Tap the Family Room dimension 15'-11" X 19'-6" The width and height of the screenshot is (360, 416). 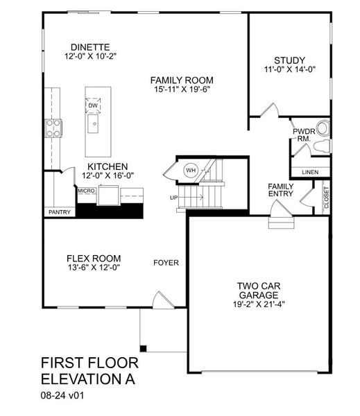pos(182,90)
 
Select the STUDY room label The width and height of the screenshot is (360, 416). pos(289,60)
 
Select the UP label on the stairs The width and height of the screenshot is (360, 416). pos(173,198)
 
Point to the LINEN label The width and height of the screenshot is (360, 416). pos(309,172)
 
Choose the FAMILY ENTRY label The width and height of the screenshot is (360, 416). pos(280,190)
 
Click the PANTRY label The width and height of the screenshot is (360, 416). pos(59,212)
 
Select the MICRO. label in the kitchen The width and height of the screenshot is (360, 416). pos(86,190)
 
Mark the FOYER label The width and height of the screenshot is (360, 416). pos(166,263)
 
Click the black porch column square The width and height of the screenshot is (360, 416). pos(144,347)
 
